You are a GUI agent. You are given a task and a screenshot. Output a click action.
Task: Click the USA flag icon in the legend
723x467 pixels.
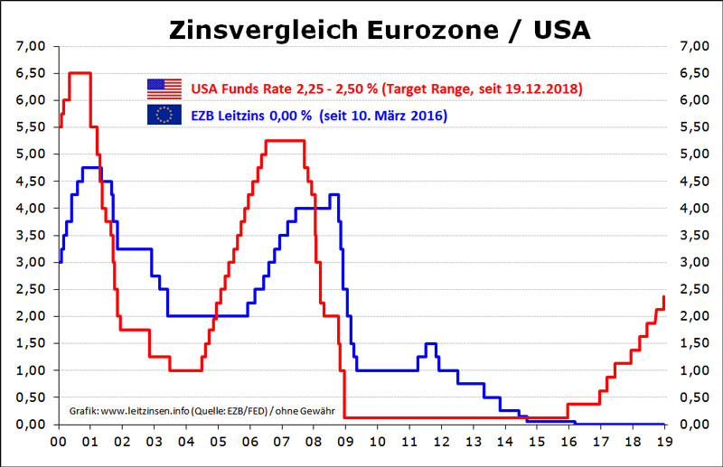click(164, 89)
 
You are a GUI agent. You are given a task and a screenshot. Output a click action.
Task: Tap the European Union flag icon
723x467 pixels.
click(164, 116)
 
